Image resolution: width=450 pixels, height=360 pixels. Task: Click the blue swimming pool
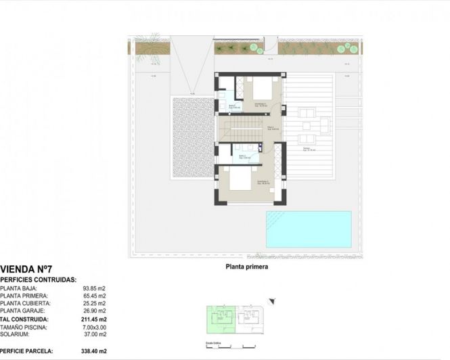pos(309,229)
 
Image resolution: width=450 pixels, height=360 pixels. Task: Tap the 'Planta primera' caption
pos(247,267)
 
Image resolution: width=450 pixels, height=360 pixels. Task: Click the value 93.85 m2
pos(95,288)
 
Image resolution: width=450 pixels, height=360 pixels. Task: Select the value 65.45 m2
pos(95,295)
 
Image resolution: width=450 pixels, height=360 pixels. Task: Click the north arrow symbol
pos(271,300)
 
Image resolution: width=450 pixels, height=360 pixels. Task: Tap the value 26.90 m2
pos(95,310)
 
